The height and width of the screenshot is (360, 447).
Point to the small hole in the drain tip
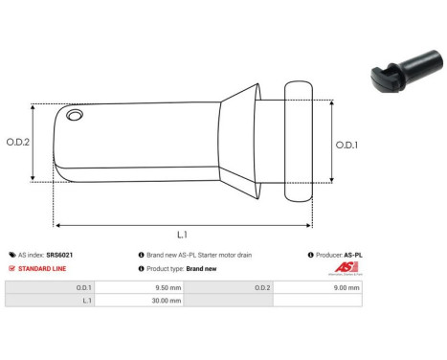coord(74,116)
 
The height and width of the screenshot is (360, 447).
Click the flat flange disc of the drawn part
coord(298,142)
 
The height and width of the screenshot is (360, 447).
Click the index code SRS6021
coord(60,256)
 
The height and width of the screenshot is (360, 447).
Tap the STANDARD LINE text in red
coord(41,269)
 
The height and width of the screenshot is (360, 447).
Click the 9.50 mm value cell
coord(141,286)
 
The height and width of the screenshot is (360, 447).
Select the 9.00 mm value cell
coord(320,286)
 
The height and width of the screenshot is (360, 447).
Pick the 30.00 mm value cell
coord(141,300)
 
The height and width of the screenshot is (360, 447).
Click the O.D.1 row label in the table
coord(83,286)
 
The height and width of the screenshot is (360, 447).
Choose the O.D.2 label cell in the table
coord(261,286)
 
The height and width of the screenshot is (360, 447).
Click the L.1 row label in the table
coord(85,300)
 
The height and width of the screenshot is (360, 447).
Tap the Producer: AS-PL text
coord(339,256)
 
